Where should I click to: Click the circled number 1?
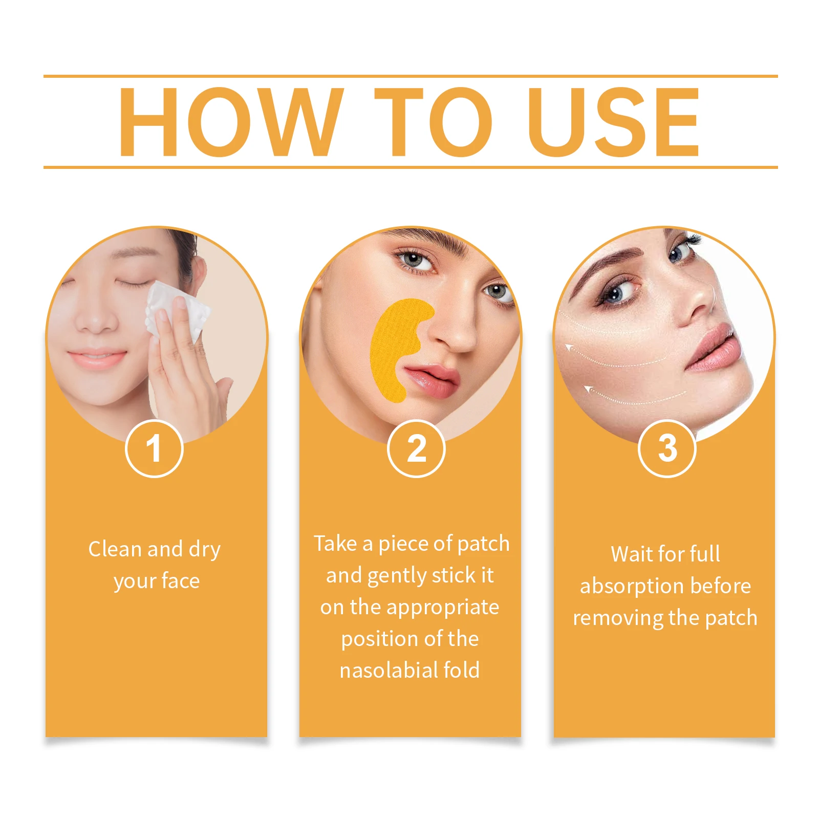click(154, 448)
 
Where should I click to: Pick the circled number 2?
click(416, 448)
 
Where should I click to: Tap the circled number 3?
click(667, 448)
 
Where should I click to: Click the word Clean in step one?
click(115, 549)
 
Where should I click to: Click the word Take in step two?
click(335, 544)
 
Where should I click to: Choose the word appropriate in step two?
click(442, 608)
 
